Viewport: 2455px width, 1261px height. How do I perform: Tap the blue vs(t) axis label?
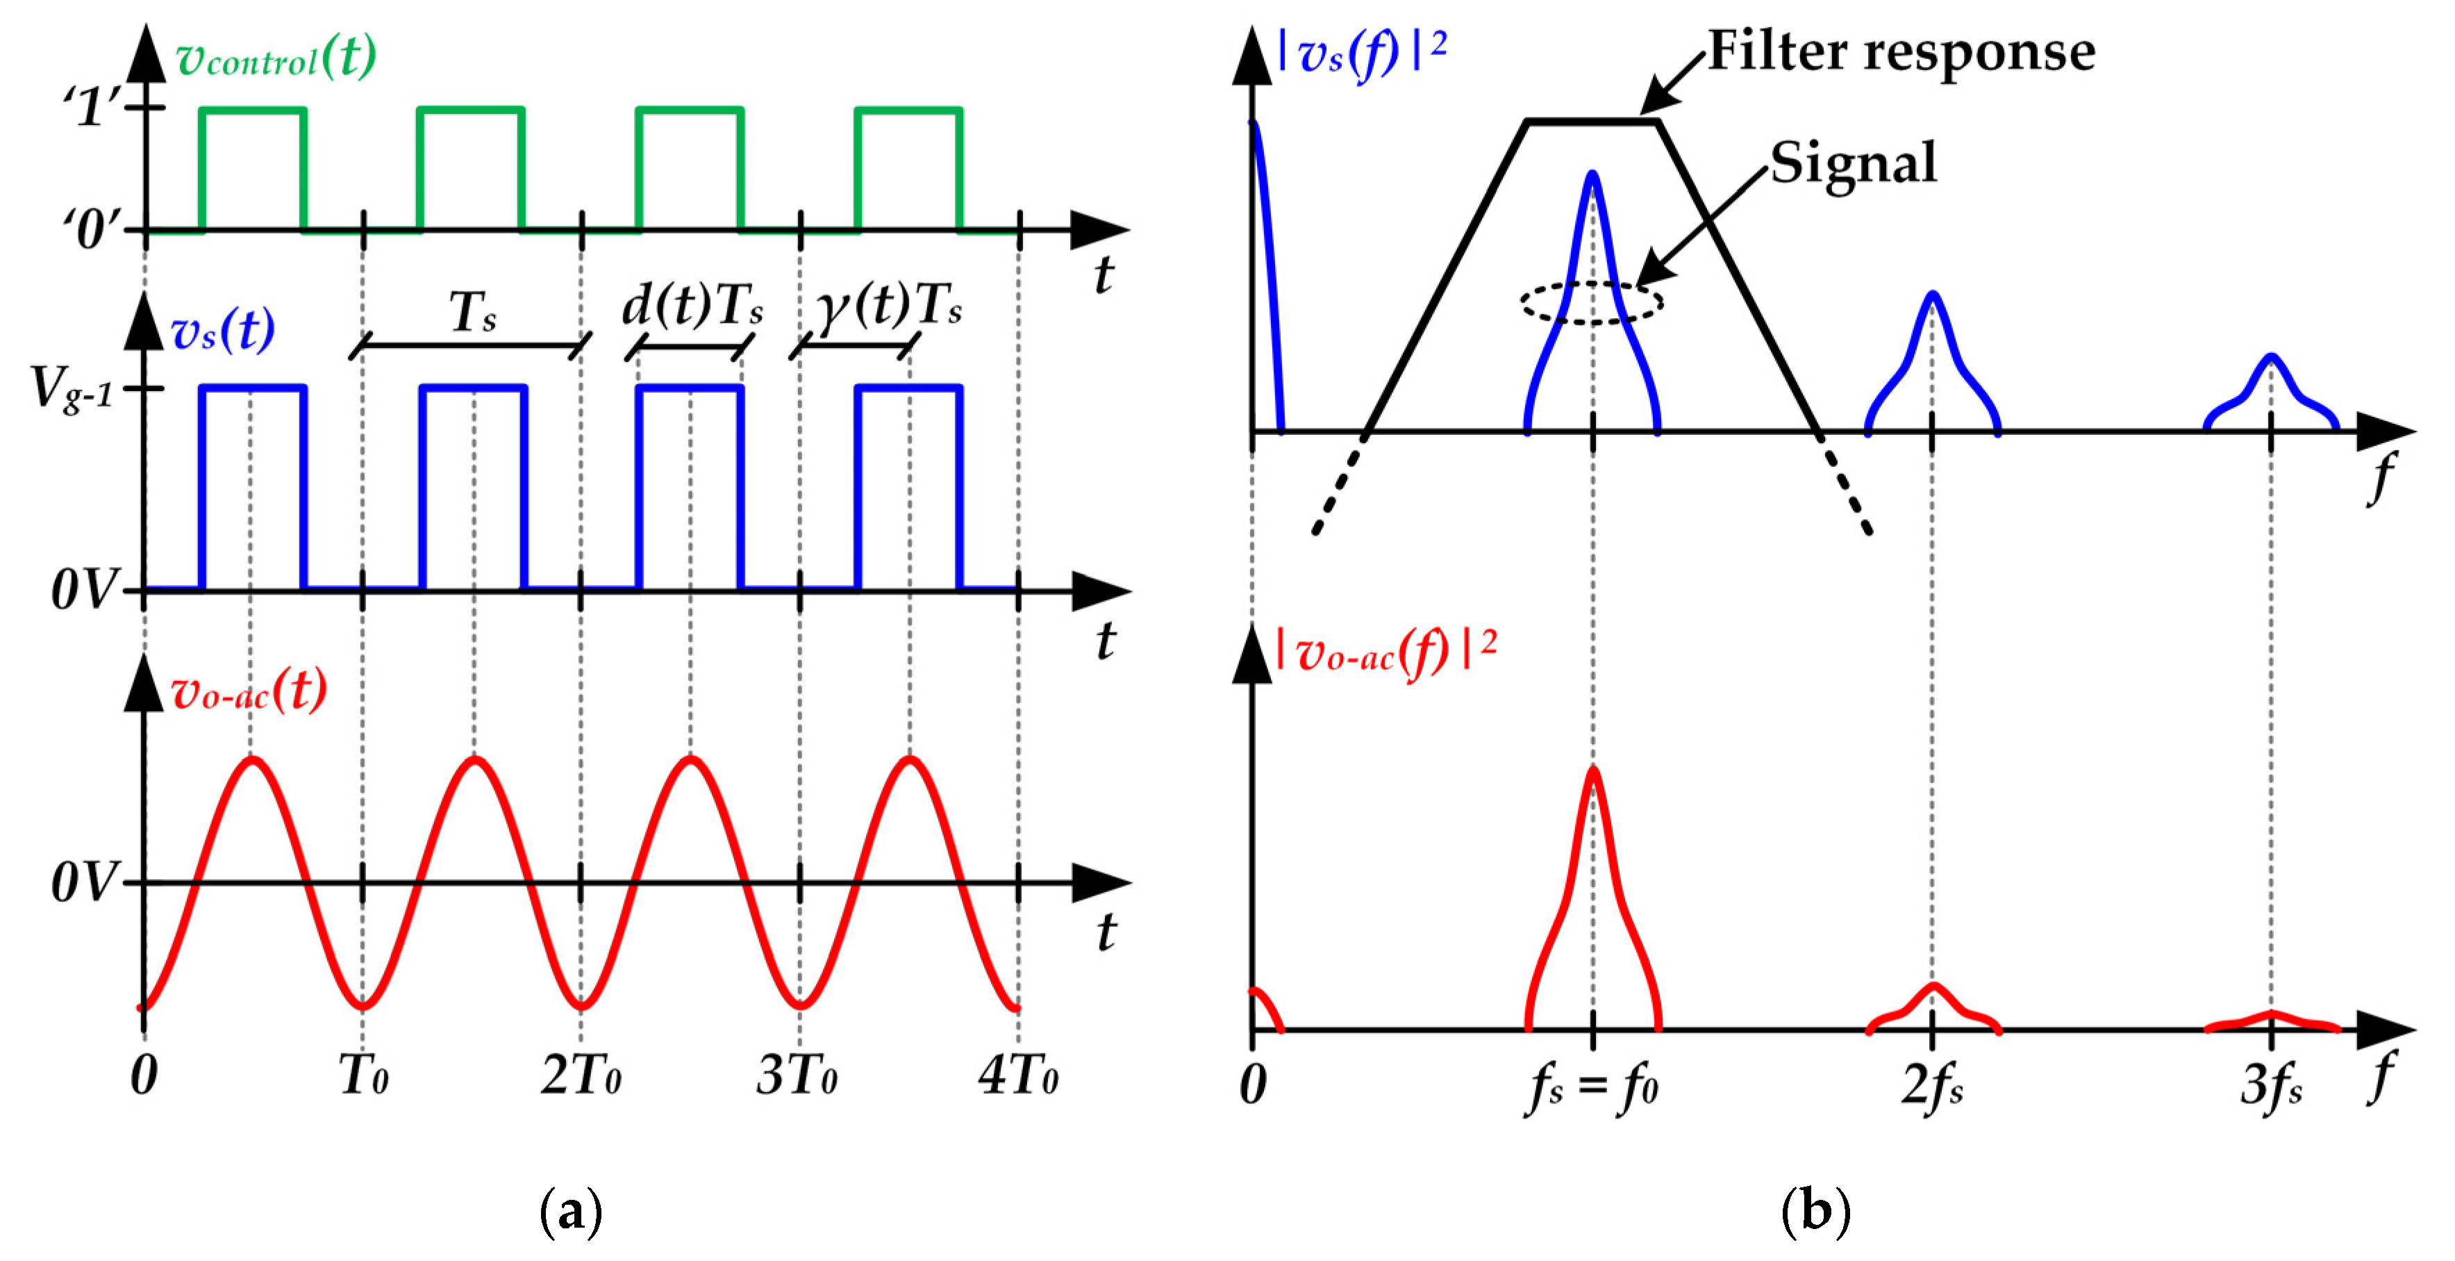click(x=222, y=331)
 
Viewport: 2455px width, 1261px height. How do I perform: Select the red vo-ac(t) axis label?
click(x=249, y=691)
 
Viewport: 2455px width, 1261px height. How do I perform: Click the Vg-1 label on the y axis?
click(x=72, y=390)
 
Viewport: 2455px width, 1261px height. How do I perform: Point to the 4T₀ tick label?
click(x=1018, y=1076)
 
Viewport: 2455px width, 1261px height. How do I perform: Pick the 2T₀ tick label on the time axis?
click(x=581, y=1076)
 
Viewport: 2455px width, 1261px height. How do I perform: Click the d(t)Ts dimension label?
click(x=692, y=307)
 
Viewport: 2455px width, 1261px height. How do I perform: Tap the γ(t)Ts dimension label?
click(x=888, y=307)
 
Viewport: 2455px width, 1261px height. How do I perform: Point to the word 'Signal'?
click(x=1854, y=163)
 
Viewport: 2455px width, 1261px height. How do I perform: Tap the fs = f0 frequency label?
click(x=1592, y=1087)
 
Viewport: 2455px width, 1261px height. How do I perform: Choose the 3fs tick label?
click(x=2271, y=1086)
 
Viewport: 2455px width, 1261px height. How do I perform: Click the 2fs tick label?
click(x=1932, y=1086)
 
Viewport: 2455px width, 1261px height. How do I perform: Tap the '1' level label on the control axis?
click(x=93, y=106)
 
